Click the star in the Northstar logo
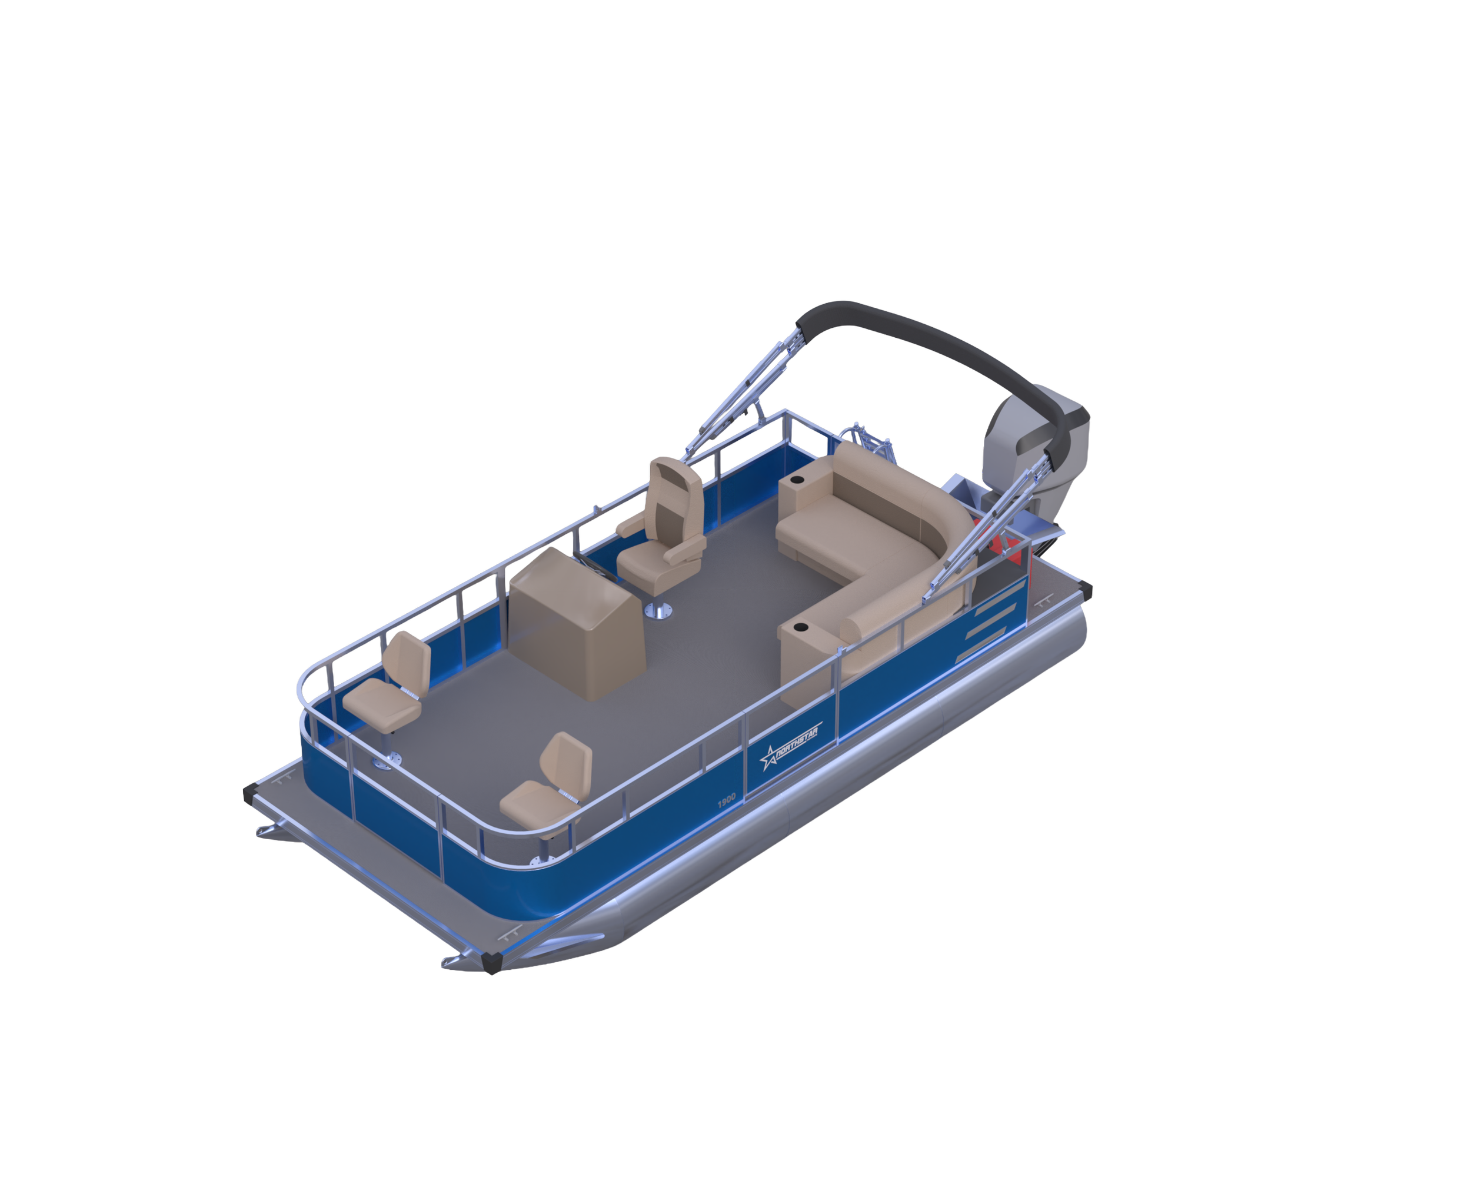(769, 758)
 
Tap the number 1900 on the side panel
(727, 799)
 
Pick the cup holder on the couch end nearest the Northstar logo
(800, 626)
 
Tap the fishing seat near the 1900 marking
(547, 782)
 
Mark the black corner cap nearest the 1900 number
(491, 962)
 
